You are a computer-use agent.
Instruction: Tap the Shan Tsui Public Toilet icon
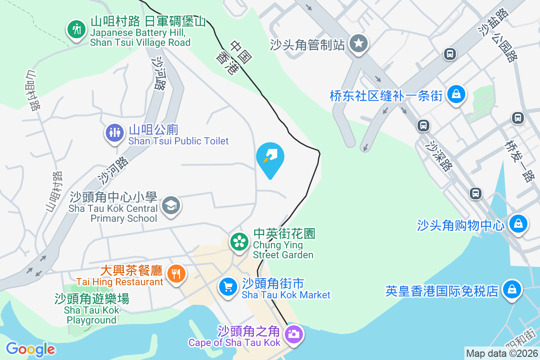pyautogui.click(x=115, y=132)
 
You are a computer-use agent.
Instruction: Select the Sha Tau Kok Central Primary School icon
pyautogui.click(x=171, y=206)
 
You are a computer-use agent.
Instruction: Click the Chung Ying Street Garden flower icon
pyautogui.click(x=239, y=242)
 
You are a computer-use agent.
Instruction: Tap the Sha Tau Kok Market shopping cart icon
pyautogui.click(x=228, y=286)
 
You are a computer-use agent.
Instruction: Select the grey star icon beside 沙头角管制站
pyautogui.click(x=359, y=44)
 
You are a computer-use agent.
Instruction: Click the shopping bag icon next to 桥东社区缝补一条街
pyautogui.click(x=457, y=94)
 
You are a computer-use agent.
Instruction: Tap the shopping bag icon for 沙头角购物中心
pyautogui.click(x=518, y=223)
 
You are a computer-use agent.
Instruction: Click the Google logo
pyautogui.click(x=31, y=349)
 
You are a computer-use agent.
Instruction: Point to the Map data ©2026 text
pyautogui.click(x=502, y=353)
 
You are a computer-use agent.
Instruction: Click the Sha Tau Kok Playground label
pyautogui.click(x=92, y=310)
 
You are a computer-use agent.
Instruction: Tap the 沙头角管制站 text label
pyautogui.click(x=308, y=45)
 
